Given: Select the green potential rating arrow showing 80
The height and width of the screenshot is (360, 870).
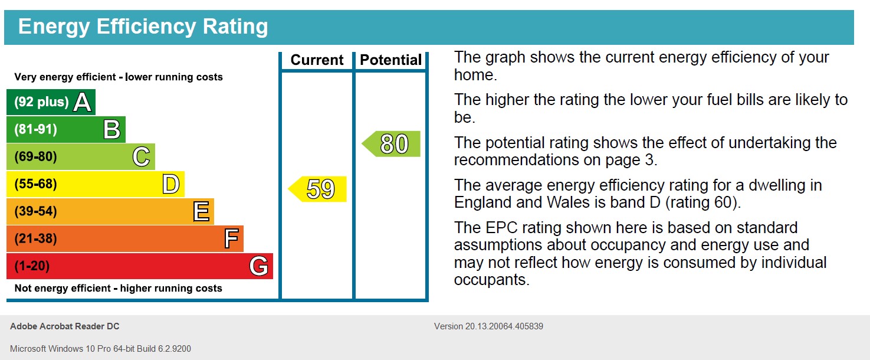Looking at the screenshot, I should click(x=392, y=144).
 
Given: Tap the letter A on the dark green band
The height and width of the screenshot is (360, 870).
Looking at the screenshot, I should click(x=83, y=103).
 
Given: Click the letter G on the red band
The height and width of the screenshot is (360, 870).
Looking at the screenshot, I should click(x=259, y=266).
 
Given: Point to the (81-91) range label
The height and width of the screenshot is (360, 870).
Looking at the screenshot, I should click(x=35, y=129).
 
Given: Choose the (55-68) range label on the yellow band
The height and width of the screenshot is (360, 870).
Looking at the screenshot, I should click(x=35, y=184).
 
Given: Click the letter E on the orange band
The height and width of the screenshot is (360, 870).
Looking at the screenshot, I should click(x=201, y=211).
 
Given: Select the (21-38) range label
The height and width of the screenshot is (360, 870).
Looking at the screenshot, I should click(x=35, y=239).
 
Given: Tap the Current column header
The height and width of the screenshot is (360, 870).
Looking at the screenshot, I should click(x=317, y=60).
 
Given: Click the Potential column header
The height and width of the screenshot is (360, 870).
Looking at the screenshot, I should click(x=390, y=60).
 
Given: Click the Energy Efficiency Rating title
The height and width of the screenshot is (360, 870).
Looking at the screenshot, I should click(x=143, y=27).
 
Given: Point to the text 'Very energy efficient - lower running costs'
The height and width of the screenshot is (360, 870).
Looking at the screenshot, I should click(x=119, y=77).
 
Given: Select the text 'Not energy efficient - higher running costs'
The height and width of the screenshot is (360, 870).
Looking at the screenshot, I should click(x=118, y=289).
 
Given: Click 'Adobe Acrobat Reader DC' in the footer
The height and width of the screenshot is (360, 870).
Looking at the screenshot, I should click(x=65, y=326).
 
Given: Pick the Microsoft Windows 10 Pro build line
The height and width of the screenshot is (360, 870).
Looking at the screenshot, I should click(x=100, y=349).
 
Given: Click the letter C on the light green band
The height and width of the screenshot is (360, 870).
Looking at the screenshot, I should click(x=141, y=157).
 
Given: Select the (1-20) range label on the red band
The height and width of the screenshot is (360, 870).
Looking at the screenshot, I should click(x=32, y=266).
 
